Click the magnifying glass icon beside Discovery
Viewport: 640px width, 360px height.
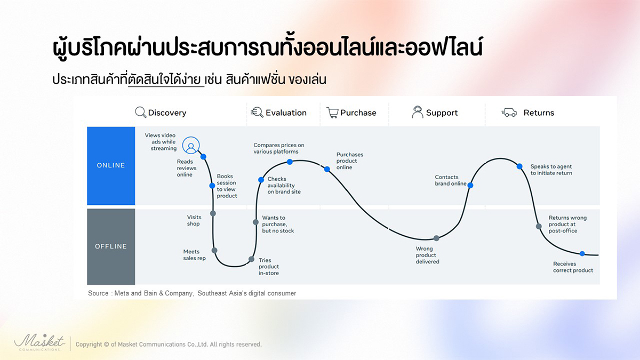141,113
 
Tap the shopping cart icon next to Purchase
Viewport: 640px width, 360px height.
332,113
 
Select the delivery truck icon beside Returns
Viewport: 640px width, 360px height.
509,113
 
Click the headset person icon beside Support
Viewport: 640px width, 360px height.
418,111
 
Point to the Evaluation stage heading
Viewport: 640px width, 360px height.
286,113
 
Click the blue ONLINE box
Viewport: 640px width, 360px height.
111,166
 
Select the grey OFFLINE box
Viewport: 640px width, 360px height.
111,246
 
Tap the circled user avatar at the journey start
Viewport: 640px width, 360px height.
191,146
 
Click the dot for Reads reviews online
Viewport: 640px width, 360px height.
203,157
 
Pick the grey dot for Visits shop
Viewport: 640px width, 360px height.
213,213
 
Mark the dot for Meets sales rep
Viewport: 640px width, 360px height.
214,251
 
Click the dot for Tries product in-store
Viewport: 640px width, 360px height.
251,259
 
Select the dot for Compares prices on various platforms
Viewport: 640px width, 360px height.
290,162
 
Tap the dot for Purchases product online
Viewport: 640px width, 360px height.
327,169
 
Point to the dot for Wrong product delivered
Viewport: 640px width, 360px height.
436,238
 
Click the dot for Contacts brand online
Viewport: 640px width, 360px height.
470,186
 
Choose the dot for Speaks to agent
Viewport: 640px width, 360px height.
519,166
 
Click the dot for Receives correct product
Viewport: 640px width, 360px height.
582,253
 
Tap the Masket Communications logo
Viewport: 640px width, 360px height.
39,342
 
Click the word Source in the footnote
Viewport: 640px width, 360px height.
98,293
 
